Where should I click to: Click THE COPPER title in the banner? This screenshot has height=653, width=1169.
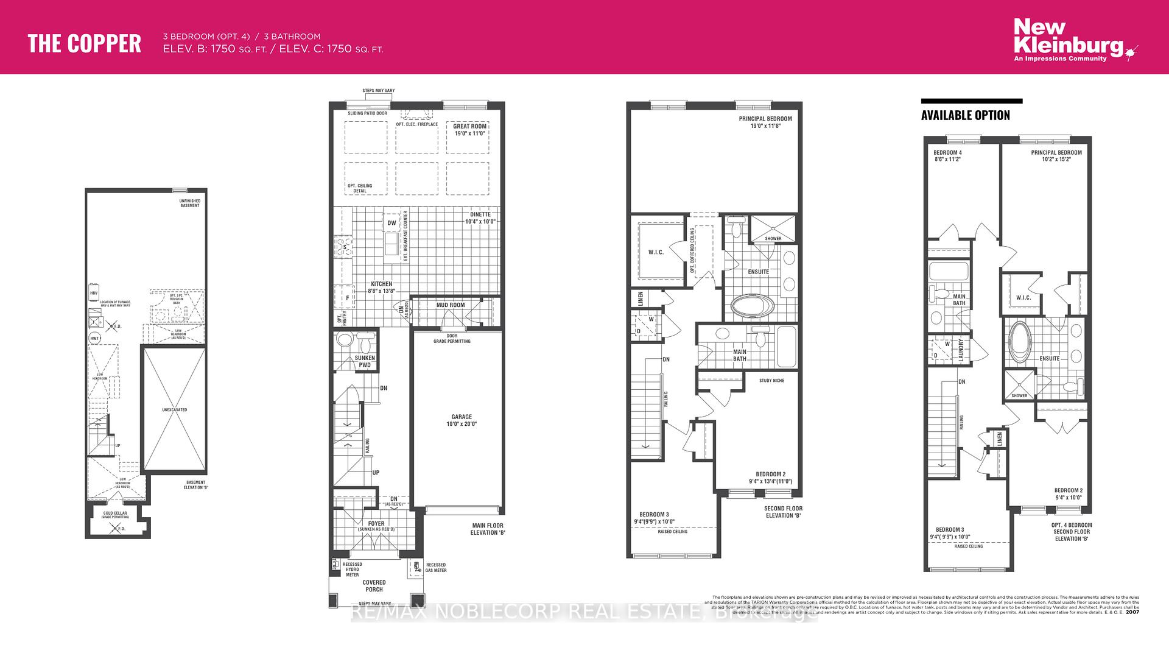85,43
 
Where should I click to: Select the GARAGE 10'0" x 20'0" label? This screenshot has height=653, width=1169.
462,420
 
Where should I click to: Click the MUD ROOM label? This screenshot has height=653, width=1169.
450,305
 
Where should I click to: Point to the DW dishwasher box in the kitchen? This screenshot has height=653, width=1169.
391,223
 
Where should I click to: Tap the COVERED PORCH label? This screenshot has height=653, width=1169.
374,586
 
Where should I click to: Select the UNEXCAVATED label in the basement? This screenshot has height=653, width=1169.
175,410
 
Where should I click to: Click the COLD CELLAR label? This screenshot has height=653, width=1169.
115,514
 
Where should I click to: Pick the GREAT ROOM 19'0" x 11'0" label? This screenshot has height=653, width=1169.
469,130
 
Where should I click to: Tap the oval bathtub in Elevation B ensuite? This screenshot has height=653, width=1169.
749,306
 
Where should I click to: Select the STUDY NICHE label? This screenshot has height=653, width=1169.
771,381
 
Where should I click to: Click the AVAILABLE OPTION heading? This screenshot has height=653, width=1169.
965,115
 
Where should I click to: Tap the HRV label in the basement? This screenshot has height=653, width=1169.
94,293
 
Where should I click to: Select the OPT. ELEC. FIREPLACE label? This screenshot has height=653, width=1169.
417,124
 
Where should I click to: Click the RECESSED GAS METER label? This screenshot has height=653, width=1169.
436,568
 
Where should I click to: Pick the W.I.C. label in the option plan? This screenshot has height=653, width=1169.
1023,298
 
